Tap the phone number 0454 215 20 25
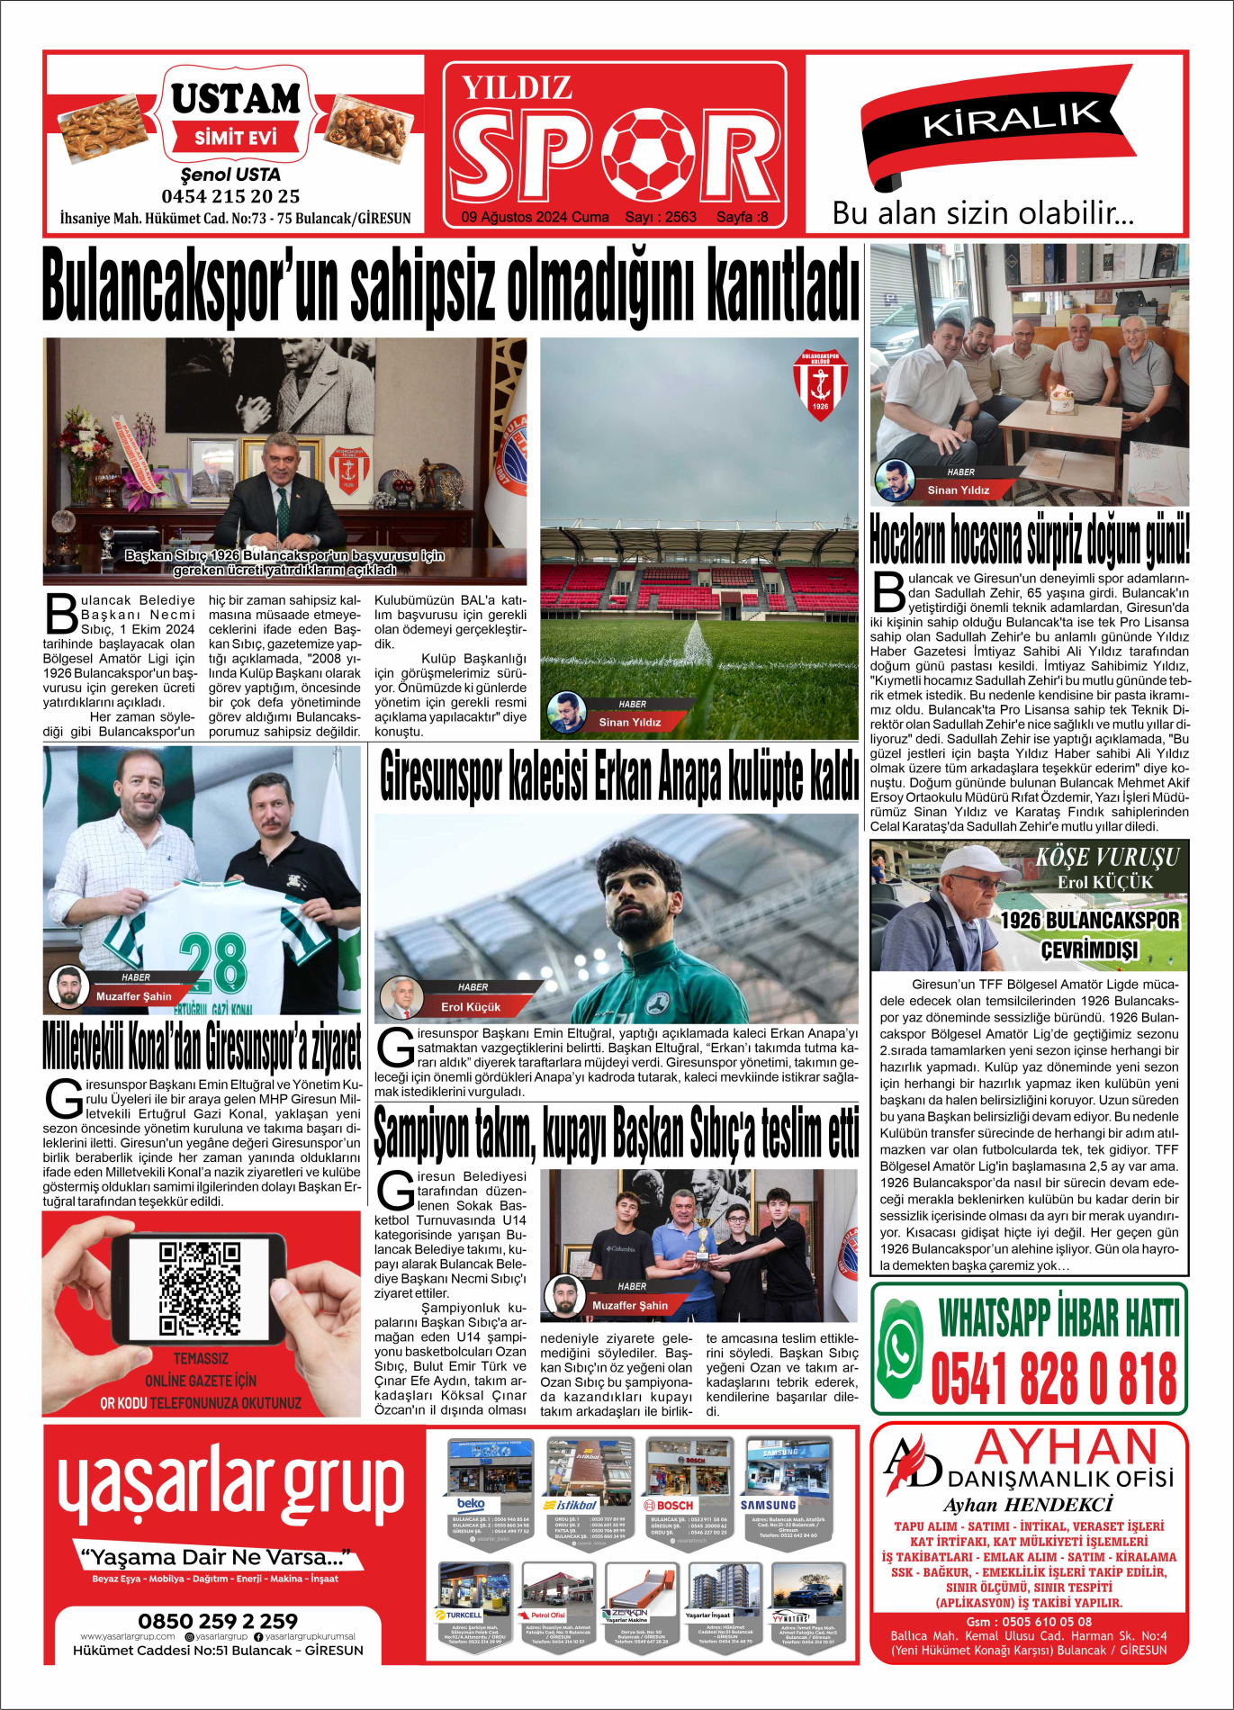(x=230, y=196)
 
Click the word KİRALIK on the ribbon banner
(x=1012, y=119)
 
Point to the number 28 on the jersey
(x=212, y=962)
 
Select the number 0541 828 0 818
(x=1054, y=1378)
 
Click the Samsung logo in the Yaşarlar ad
(x=768, y=1505)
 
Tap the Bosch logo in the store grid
(x=669, y=1505)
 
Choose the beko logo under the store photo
(x=472, y=1504)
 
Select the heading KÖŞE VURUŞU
(x=1107, y=857)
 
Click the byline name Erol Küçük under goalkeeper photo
(x=470, y=1007)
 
